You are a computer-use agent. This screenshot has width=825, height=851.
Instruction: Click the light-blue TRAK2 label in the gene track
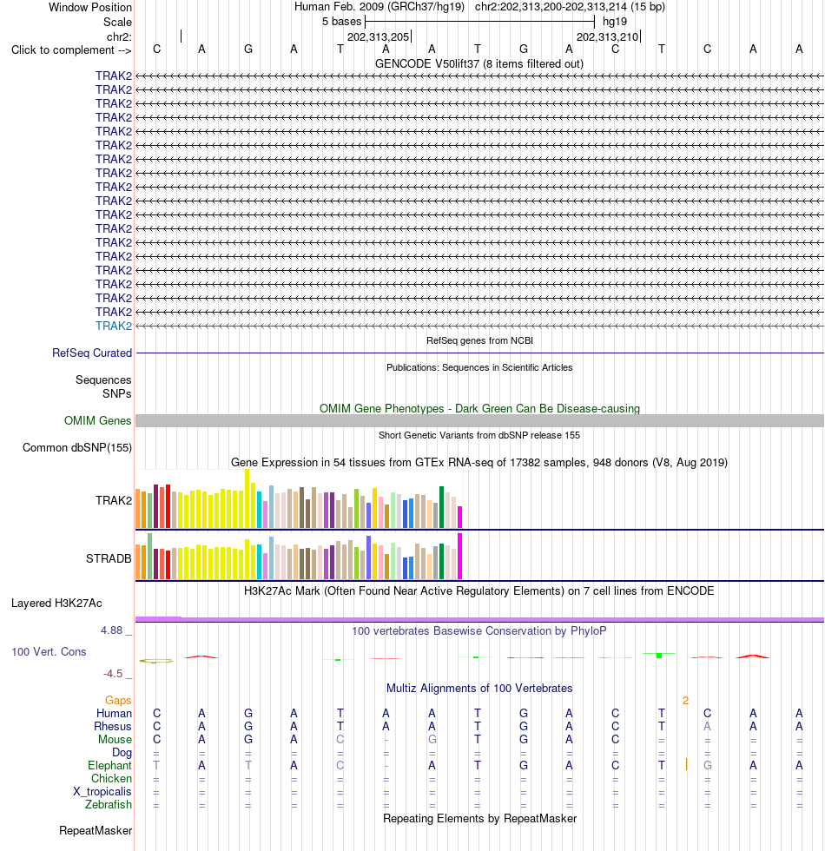click(x=114, y=326)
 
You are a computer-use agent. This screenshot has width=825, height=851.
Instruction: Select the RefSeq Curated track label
click(x=92, y=353)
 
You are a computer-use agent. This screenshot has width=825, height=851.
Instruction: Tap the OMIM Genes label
click(x=97, y=420)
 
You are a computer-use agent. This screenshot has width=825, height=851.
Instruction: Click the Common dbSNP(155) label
click(x=77, y=448)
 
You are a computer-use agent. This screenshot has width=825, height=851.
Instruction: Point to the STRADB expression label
click(x=109, y=558)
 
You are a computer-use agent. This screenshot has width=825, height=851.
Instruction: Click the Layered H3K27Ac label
click(x=56, y=603)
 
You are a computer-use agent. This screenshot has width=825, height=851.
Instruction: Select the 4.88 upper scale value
click(x=111, y=630)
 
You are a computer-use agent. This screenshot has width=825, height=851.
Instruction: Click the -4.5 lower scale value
click(x=113, y=674)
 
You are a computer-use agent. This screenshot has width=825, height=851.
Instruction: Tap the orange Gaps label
click(x=118, y=700)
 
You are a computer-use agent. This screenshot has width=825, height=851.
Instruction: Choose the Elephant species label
click(x=109, y=765)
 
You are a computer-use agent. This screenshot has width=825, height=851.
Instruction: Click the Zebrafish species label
click(x=108, y=804)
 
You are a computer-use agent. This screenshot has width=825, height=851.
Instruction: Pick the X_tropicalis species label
click(x=102, y=791)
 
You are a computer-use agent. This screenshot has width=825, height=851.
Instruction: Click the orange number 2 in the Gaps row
click(x=685, y=701)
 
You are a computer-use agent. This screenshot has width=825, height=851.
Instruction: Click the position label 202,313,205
click(x=379, y=36)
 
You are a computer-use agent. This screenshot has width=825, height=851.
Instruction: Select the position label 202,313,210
click(x=607, y=36)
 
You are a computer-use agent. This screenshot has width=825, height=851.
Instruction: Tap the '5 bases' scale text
click(x=341, y=21)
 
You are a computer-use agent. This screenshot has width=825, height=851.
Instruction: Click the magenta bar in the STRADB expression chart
click(x=459, y=557)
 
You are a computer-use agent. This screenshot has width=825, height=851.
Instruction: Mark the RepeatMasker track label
click(x=96, y=830)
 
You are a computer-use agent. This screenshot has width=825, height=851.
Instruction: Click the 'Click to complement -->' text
click(x=71, y=50)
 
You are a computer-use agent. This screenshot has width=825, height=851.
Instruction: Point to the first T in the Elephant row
click(x=156, y=765)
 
